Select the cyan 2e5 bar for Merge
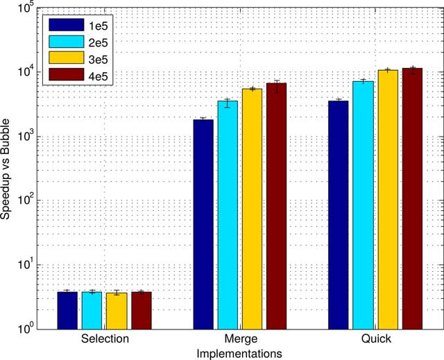(x=228, y=214)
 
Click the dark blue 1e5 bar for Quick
(x=339, y=214)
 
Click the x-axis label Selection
(x=104, y=339)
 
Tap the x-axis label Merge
(x=239, y=339)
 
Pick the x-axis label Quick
(x=375, y=339)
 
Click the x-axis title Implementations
(x=239, y=352)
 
